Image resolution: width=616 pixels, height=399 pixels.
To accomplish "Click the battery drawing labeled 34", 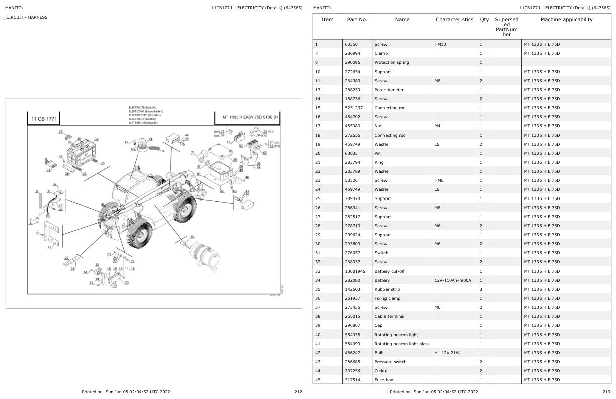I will click(x=81, y=150).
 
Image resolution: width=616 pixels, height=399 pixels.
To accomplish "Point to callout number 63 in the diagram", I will click(x=192, y=236).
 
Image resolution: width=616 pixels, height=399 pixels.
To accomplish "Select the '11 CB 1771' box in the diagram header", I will click(x=44, y=119).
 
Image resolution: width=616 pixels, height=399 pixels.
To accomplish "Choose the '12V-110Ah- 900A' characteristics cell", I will click(x=452, y=280).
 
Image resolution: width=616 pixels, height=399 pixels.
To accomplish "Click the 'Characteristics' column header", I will click(x=454, y=20).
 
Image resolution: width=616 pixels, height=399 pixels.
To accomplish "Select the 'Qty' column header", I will click(x=484, y=20).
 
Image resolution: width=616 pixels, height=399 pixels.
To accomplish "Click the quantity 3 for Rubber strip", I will click(x=481, y=289).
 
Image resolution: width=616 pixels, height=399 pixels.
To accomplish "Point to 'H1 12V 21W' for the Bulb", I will click(x=447, y=353).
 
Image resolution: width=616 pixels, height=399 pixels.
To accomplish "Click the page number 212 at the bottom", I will click(x=298, y=392).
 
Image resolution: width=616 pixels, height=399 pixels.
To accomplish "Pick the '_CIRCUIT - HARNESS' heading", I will click(x=26, y=17).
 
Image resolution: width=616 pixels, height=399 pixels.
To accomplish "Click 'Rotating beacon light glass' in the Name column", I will click(x=402, y=344).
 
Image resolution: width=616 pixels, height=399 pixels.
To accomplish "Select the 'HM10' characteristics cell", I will click(x=440, y=44).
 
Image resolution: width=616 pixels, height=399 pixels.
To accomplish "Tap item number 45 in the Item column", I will click(x=317, y=380).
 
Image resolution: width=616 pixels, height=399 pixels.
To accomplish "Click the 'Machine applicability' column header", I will click(x=566, y=20).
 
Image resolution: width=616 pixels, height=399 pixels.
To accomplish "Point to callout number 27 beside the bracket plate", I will click(x=49, y=247).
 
